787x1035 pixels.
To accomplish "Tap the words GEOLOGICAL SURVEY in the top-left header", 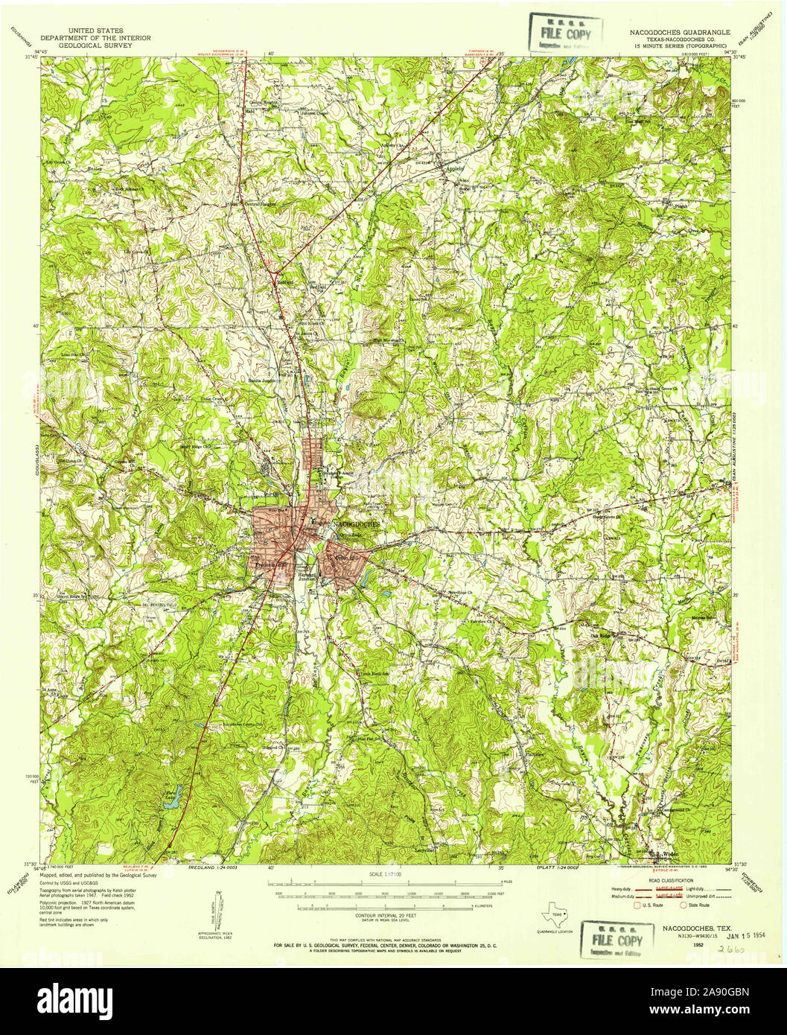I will pyautogui.click(x=95, y=45).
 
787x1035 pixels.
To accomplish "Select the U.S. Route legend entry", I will pyautogui.click(x=644, y=906).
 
